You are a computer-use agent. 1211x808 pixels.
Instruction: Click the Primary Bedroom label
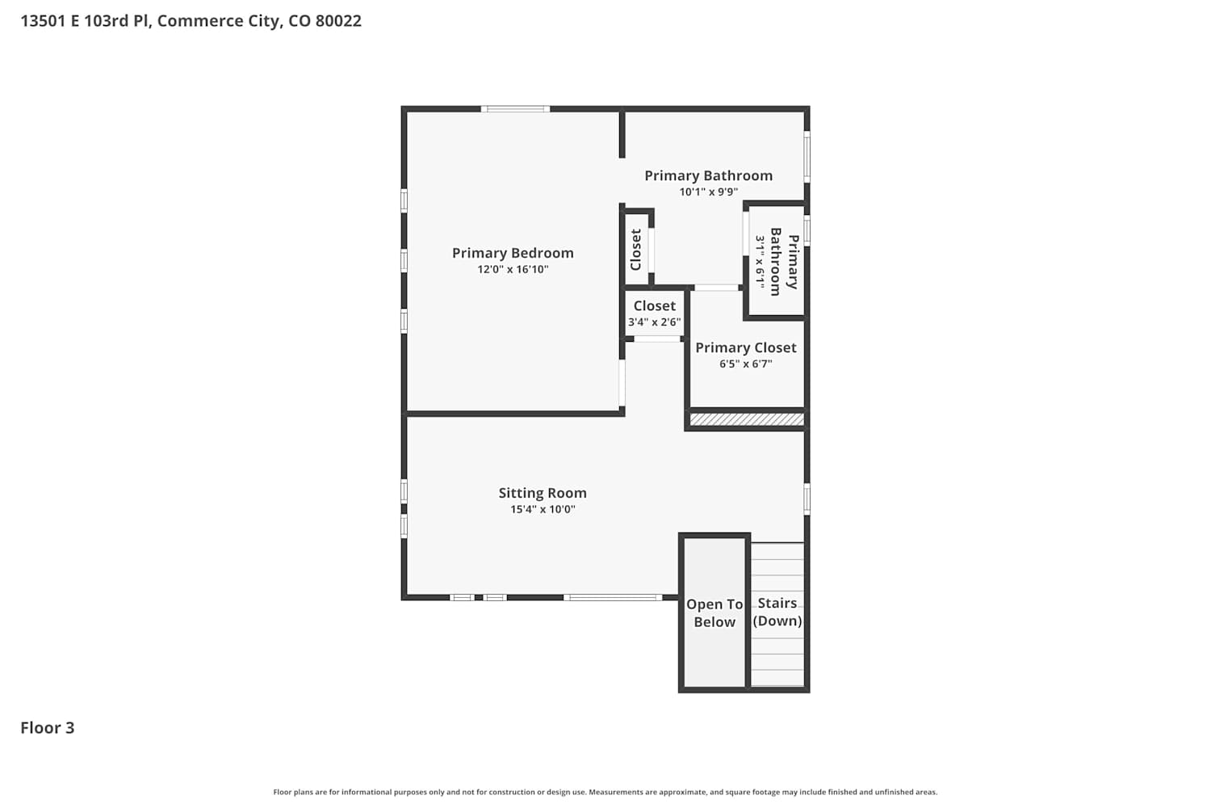(x=513, y=253)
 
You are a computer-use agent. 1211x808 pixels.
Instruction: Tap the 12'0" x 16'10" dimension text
(x=513, y=269)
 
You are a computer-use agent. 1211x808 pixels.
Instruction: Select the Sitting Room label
(x=543, y=493)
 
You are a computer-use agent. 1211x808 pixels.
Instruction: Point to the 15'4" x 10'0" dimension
(x=543, y=509)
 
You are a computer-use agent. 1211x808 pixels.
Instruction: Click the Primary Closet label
(x=745, y=347)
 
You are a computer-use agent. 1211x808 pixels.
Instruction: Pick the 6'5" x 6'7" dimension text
(x=745, y=364)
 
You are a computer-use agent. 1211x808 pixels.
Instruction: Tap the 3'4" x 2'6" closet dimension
(x=654, y=322)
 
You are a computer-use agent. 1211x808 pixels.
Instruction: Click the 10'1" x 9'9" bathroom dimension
(x=708, y=191)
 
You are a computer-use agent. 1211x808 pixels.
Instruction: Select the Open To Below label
(x=714, y=613)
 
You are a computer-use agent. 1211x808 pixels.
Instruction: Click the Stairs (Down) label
(x=777, y=612)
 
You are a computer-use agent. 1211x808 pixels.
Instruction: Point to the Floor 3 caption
(x=47, y=728)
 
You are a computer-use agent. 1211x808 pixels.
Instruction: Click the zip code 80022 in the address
(x=338, y=20)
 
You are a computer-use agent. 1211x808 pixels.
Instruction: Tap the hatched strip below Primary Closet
(x=747, y=419)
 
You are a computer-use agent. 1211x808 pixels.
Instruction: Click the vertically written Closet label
(x=636, y=250)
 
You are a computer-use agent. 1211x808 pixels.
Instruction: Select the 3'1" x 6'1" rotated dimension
(x=761, y=262)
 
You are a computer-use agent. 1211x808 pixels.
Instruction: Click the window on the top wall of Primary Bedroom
(x=515, y=109)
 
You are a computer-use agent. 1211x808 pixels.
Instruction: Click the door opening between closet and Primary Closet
(x=716, y=288)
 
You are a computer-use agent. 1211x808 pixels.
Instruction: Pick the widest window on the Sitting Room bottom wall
(x=613, y=597)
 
